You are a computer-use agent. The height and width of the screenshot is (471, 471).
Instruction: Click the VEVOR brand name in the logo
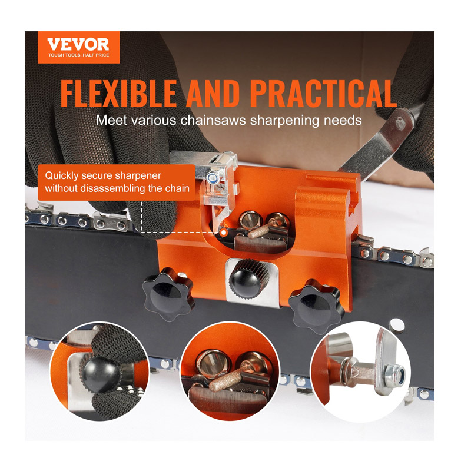[78, 44]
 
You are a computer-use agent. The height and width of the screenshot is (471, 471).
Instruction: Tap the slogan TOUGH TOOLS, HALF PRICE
[79, 55]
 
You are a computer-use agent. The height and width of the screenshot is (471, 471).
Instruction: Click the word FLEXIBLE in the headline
[119, 94]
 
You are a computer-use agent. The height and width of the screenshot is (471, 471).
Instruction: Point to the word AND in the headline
[213, 94]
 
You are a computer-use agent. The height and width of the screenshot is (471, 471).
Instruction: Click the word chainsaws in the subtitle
[213, 121]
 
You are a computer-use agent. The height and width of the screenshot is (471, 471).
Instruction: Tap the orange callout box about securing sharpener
[116, 182]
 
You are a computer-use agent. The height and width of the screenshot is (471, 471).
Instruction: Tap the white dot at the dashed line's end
[224, 232]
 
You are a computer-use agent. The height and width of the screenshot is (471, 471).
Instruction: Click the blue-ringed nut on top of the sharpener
[213, 178]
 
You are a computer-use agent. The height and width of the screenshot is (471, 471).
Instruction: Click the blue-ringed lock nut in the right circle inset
[396, 374]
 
